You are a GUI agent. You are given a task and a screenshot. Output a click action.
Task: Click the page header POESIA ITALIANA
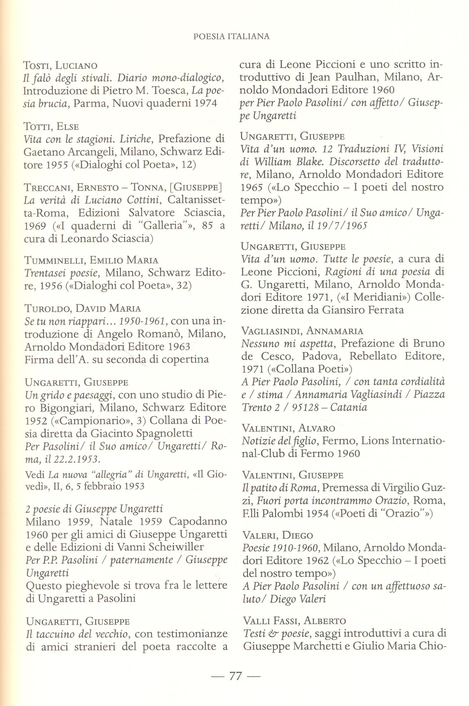point(232,36)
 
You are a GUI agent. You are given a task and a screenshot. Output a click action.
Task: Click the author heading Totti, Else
point(51,126)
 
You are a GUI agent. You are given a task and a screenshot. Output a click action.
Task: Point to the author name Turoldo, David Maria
point(83,308)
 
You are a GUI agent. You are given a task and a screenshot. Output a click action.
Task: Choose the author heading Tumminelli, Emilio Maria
point(91,260)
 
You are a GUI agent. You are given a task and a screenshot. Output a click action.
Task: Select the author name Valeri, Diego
point(278,535)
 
